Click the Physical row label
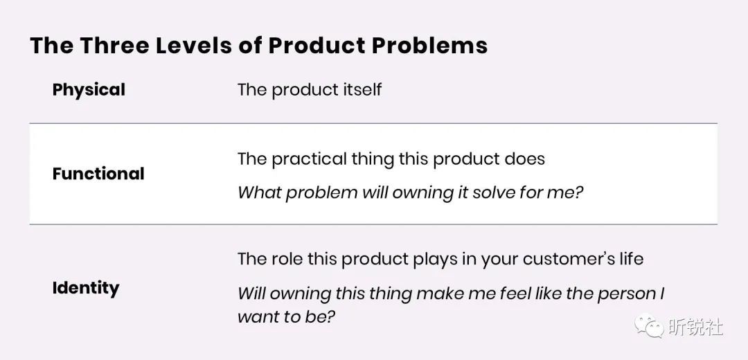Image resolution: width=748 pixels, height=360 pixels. click(x=89, y=89)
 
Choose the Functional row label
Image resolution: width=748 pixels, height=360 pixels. click(x=98, y=174)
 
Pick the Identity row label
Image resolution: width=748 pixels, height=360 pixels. click(x=86, y=288)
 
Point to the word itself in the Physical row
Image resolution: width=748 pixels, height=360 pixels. click(x=359, y=89)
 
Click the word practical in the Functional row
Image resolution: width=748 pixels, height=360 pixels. click(x=309, y=159)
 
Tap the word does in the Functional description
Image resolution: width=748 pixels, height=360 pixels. click(x=527, y=159)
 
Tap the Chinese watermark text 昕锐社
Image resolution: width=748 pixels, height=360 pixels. click(x=696, y=327)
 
